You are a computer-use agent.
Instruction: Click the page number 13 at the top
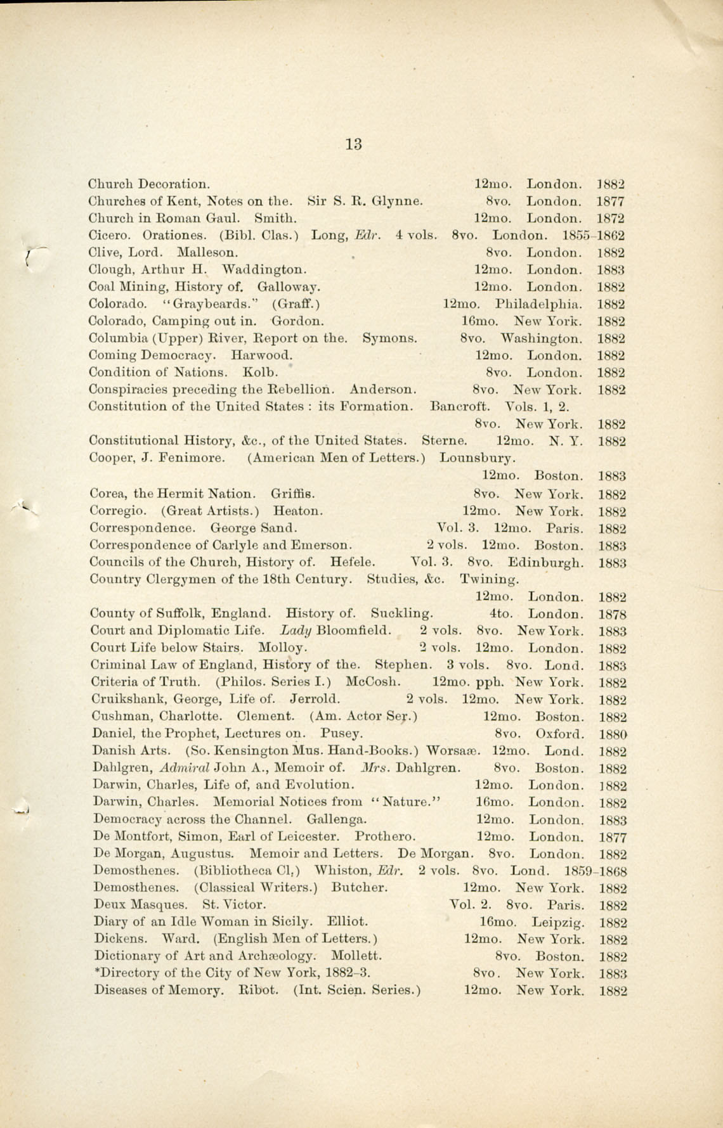coord(354,144)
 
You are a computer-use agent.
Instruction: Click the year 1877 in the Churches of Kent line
coord(611,202)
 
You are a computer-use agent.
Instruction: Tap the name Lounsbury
coord(478,458)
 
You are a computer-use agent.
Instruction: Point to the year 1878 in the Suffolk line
coord(612,614)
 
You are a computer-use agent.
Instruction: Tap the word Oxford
coord(559,734)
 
